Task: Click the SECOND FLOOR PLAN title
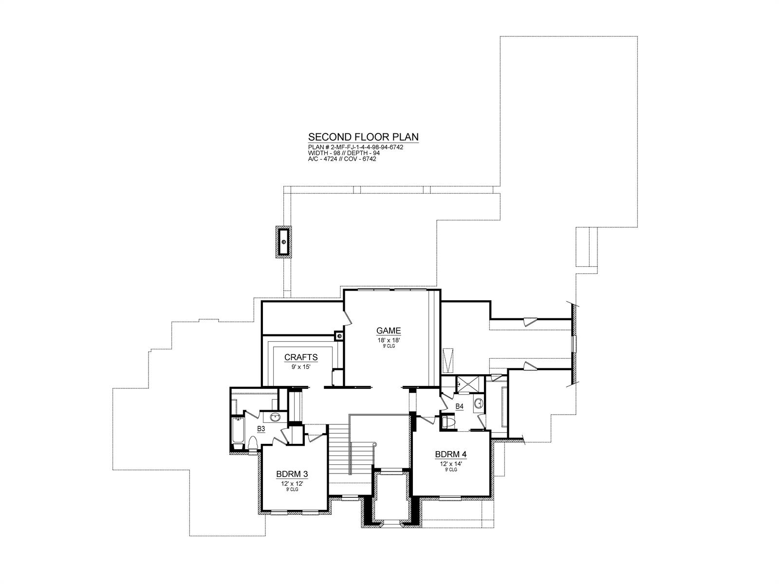363,137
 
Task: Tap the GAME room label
388,331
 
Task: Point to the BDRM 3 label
292,474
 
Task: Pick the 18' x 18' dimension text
388,340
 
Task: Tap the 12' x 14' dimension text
451,463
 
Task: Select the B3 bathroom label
261,429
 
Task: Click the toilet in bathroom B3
253,443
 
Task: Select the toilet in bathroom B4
448,421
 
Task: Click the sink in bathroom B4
479,403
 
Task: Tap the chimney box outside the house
283,241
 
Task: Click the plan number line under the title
356,147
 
